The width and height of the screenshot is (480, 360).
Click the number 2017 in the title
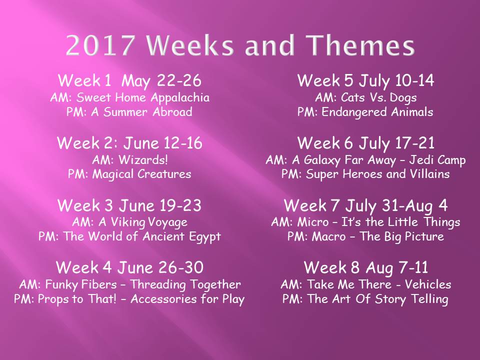100,45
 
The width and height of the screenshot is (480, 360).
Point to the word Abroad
172,111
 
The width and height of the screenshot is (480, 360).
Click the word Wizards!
143,160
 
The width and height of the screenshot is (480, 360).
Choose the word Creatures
164,174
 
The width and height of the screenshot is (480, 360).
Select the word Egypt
205,237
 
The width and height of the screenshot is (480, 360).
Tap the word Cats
353,97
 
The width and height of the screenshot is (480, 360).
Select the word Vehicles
428,284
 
